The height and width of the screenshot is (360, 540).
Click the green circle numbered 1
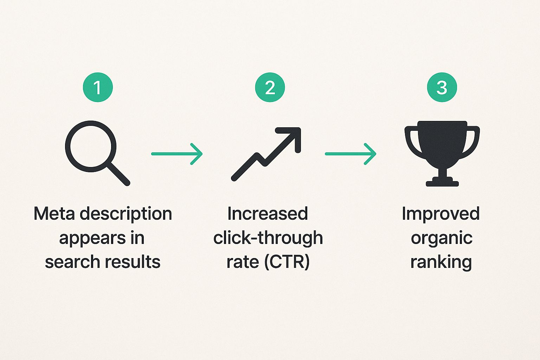click(98, 87)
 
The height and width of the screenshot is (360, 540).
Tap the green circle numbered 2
click(270, 87)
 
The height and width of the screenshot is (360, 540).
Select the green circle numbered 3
click(442, 87)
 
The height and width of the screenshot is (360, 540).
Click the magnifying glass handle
click(118, 174)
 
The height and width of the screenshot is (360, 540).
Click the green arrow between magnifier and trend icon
click(177, 154)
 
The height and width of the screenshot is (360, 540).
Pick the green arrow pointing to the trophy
click(351, 154)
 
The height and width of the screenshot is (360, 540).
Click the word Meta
click(54, 214)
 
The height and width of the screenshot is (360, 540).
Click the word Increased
click(268, 214)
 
